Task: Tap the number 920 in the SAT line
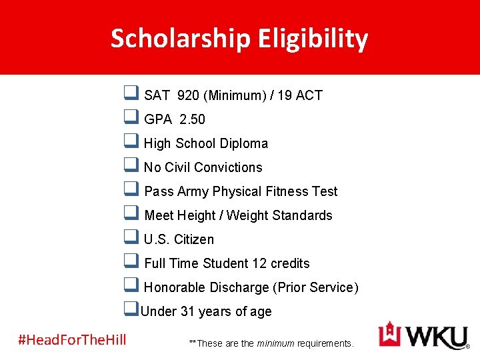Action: pos(188,95)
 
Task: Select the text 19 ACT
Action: pos(299,95)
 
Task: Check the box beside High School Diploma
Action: pos(131,142)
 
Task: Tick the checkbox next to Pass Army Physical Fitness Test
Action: pos(131,190)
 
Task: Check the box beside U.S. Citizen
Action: pos(131,238)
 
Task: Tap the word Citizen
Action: pos(194,239)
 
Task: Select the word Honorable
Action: pos(175,287)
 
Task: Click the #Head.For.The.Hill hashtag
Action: pos(72,339)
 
